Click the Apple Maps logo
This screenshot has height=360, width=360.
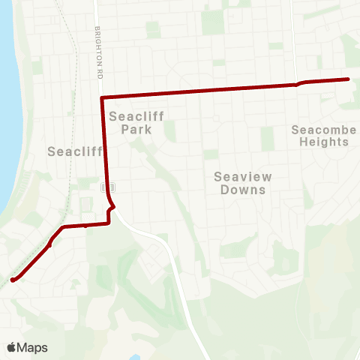point(28,347)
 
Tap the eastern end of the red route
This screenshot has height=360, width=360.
point(348,79)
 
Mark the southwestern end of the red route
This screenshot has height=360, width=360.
point(13,280)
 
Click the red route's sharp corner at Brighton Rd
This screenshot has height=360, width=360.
point(102,97)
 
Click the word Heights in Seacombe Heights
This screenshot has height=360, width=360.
point(324,142)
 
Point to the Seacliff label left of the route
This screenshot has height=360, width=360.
point(74,151)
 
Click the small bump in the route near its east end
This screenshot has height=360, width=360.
point(299,82)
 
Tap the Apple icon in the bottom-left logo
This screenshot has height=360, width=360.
point(12,347)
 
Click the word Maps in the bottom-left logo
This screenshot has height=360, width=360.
point(34,347)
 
